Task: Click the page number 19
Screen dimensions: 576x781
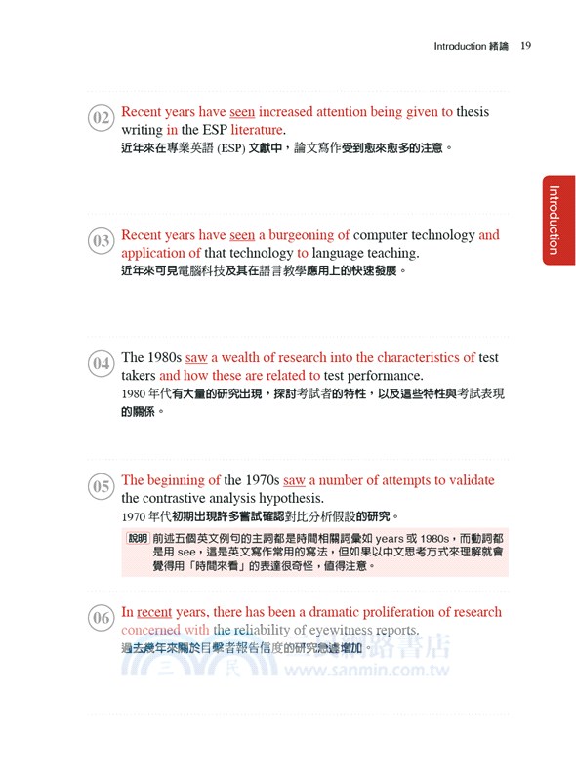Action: [x=525, y=46]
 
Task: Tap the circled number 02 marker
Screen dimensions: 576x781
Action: [x=101, y=119]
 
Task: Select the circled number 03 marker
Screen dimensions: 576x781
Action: [x=101, y=241]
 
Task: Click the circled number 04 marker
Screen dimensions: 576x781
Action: [x=101, y=364]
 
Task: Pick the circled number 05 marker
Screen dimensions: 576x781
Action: [x=101, y=486]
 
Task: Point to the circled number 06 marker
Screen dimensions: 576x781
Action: [x=101, y=618]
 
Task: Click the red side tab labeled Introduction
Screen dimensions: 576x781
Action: [x=553, y=220]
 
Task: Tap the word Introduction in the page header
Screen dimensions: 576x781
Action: [x=459, y=46]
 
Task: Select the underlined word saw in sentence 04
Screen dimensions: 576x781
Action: [x=196, y=358]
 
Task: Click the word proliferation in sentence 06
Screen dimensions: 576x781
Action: [x=390, y=612]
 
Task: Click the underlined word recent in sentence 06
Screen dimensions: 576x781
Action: [x=154, y=612]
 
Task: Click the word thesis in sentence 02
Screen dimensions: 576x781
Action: [x=473, y=112]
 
